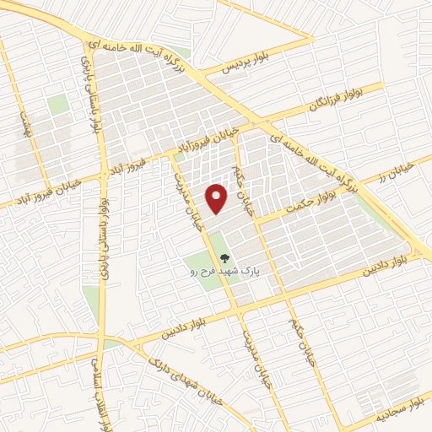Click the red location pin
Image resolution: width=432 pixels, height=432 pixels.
218,197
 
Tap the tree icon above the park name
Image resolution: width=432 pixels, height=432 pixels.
224,258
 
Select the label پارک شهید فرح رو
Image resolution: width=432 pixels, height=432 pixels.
224,272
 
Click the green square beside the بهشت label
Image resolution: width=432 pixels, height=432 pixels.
57,105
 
